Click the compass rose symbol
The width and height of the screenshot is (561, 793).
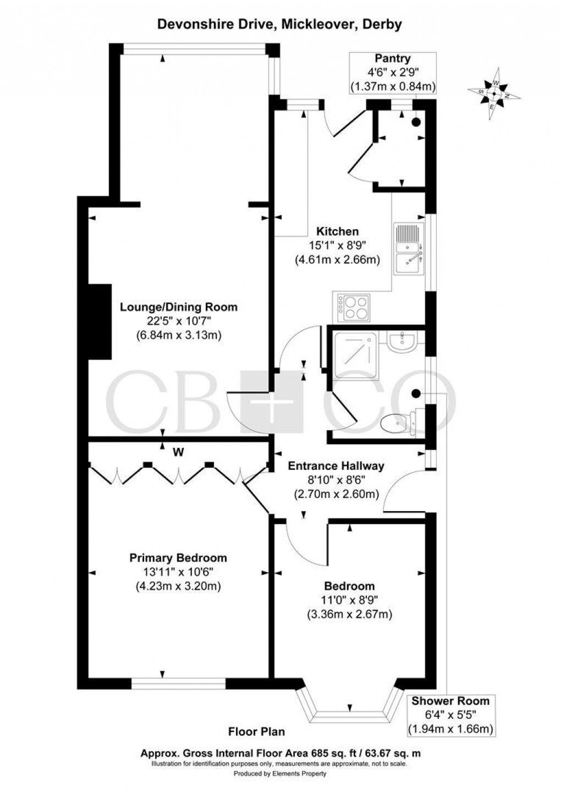(493, 93)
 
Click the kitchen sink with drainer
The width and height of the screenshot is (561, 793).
(407, 248)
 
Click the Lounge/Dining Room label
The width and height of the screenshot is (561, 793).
(179, 307)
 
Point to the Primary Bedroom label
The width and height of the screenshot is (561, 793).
(178, 558)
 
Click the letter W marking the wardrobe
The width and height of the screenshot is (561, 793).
(178, 452)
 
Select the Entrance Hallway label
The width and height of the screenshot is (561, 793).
(336, 466)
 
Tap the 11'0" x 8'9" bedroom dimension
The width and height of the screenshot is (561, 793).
(349, 600)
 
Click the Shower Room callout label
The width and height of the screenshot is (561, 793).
(450, 701)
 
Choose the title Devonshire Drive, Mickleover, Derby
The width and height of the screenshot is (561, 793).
(280, 24)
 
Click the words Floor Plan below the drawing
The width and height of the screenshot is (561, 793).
(257, 731)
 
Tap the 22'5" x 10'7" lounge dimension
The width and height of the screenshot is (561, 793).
(178, 321)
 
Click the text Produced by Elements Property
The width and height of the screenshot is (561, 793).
(280, 774)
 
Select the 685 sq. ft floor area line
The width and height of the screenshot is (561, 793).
(280, 753)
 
